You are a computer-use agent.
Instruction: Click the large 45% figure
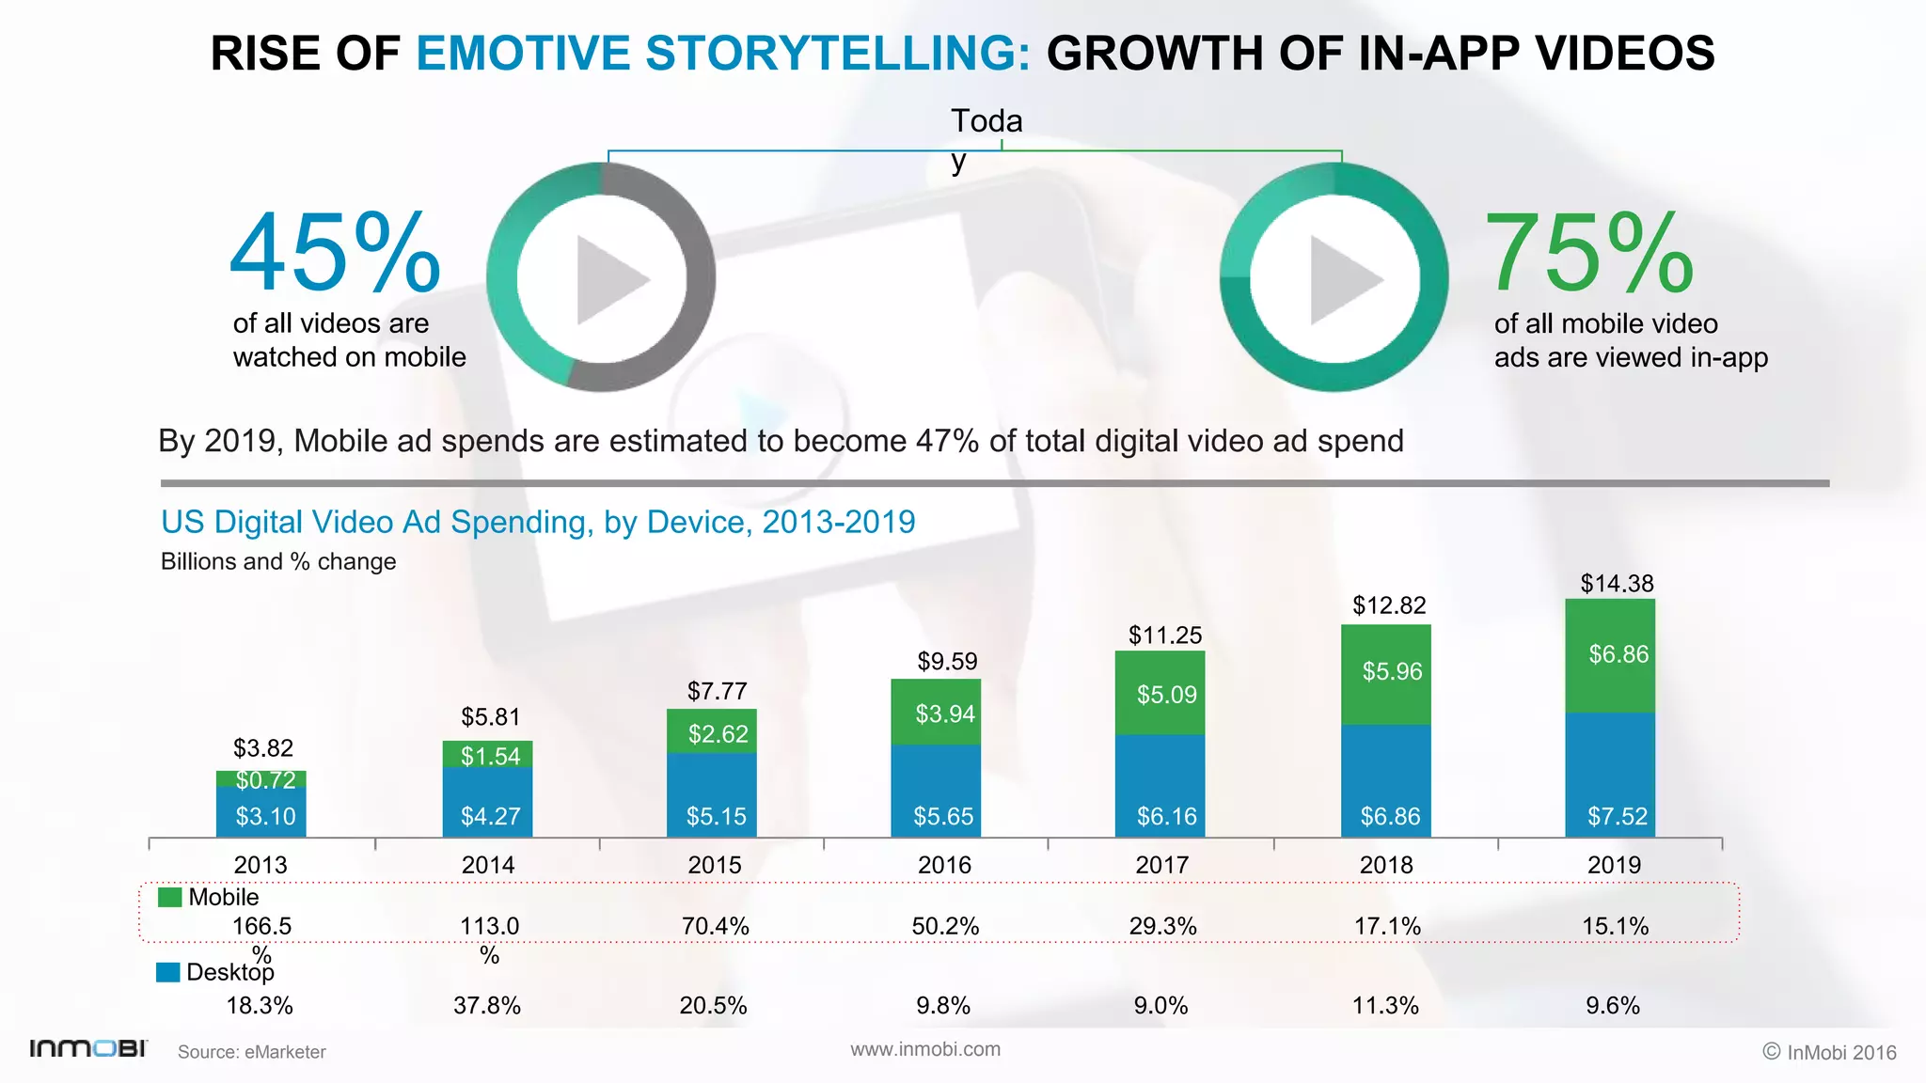335,253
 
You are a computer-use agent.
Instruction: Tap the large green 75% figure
1589,253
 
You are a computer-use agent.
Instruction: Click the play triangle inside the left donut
608,279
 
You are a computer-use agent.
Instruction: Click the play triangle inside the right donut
1341,279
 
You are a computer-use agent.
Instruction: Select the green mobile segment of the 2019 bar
1610,655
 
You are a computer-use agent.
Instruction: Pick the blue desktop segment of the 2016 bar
936,790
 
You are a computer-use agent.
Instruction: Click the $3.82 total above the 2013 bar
263,748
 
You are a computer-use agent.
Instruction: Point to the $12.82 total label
1389,605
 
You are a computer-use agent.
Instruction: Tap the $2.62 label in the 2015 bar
718,734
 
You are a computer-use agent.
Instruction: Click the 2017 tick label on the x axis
1162,865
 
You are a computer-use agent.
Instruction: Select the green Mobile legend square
169,897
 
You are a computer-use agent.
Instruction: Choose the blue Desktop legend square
167,972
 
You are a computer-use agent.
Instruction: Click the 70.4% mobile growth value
715,926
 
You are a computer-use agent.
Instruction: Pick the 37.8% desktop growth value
486,1006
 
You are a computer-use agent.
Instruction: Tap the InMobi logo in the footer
88,1048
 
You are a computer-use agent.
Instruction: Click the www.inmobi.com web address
925,1049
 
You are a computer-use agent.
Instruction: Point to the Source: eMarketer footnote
251,1052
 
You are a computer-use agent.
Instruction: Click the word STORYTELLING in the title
837,53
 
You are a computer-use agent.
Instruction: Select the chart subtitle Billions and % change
278,561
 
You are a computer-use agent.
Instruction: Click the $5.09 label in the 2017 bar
1166,695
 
